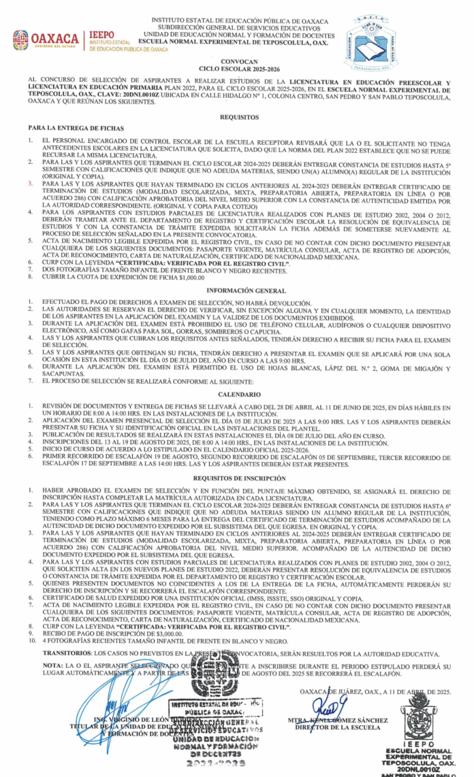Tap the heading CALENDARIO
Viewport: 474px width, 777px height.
(239, 395)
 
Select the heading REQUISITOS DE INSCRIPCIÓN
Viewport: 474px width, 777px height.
(239, 479)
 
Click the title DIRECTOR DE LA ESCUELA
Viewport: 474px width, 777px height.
(335, 727)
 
